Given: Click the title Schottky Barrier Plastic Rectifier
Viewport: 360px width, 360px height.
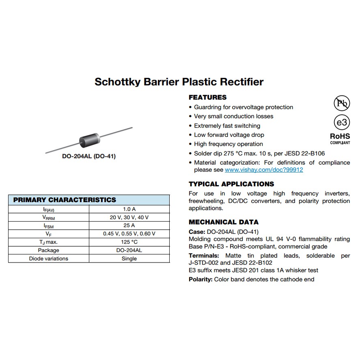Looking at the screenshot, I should click(179, 82).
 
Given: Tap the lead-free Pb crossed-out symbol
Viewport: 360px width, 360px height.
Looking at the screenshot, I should click(341, 103).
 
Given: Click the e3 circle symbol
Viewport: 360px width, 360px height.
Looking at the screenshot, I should click(341, 123).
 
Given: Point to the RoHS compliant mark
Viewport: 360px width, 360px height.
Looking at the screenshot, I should click(340, 138).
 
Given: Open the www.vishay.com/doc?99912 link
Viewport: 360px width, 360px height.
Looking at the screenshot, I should click(264, 170).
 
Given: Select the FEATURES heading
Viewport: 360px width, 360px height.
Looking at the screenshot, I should click(208, 97).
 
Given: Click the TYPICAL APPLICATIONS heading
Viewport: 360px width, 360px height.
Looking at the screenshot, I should click(231, 184).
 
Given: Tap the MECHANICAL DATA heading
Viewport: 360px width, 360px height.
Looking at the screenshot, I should click(224, 222).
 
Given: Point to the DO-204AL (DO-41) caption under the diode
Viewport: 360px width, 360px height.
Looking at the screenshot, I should click(88, 156).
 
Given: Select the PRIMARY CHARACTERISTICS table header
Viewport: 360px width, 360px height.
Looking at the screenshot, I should click(65, 200).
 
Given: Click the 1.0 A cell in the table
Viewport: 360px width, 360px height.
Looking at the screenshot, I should click(129, 209).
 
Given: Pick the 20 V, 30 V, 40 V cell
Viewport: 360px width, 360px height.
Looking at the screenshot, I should click(129, 218).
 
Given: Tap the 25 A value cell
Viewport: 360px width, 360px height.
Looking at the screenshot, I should click(129, 226).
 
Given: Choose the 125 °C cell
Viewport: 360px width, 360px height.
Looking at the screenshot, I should click(129, 242).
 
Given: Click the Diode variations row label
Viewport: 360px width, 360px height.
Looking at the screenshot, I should click(49, 259).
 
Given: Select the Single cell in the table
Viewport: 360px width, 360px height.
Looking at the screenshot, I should click(129, 259).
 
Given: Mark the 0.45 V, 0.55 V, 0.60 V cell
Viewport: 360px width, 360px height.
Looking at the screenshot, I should click(129, 234).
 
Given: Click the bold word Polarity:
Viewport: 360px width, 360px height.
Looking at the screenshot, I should click(200, 279).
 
